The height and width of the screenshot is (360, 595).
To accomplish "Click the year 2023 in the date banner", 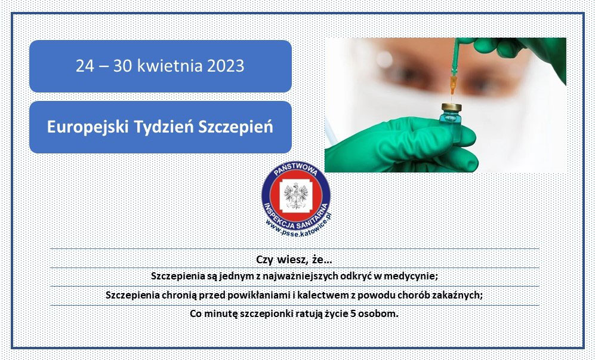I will pyautogui.click(x=226, y=66).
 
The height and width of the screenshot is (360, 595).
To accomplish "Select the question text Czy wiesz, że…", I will pyautogui.click(x=294, y=260).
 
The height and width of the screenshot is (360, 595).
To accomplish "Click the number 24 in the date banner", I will pyautogui.click(x=85, y=66).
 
